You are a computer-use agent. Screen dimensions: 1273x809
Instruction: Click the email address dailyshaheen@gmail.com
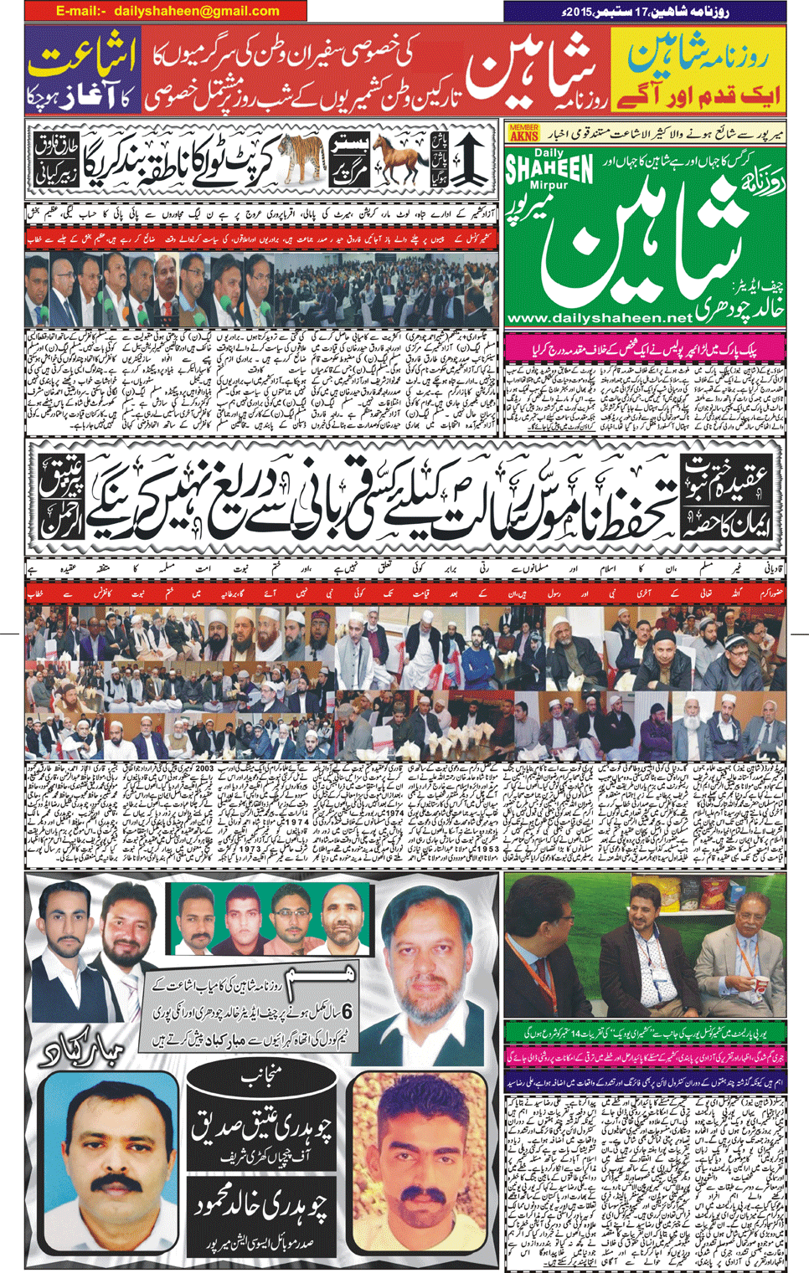(196, 11)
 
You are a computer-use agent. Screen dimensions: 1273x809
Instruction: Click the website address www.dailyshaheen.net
(600, 318)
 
